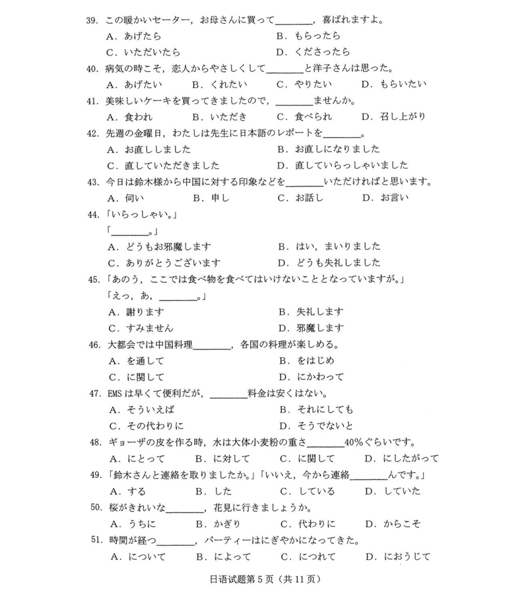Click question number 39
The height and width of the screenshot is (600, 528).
pos(92,20)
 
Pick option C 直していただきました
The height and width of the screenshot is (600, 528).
pos(164,165)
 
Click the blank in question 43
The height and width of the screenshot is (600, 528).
pos(306,181)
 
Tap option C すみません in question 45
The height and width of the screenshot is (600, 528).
pos(141,328)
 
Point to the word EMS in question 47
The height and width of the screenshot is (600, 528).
pos(116,394)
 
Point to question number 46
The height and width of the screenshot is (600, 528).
pos(92,344)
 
